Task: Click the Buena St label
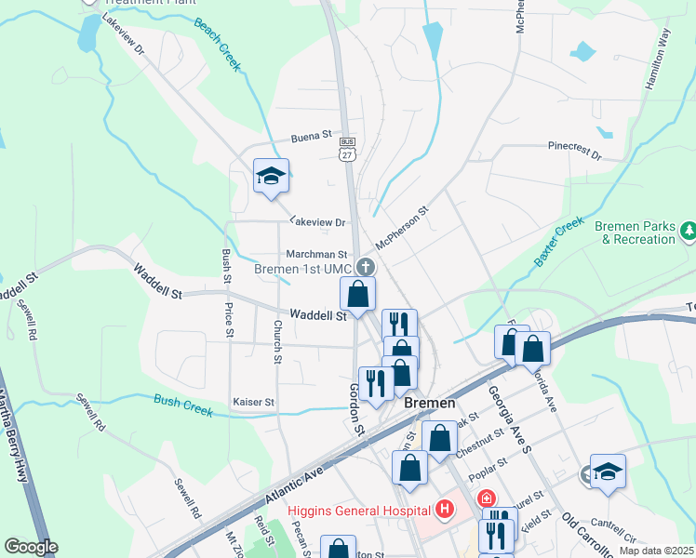tap(313, 136)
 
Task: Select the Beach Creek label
tap(218, 44)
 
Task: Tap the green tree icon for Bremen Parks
tap(689, 229)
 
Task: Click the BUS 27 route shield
tap(347, 149)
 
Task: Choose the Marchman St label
tap(316, 254)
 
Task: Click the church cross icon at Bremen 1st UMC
tap(366, 268)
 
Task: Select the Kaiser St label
tap(253, 403)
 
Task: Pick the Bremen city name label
tap(429, 403)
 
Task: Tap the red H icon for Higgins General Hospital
tap(445, 509)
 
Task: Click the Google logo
tap(31, 547)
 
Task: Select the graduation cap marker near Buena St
tap(271, 177)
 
